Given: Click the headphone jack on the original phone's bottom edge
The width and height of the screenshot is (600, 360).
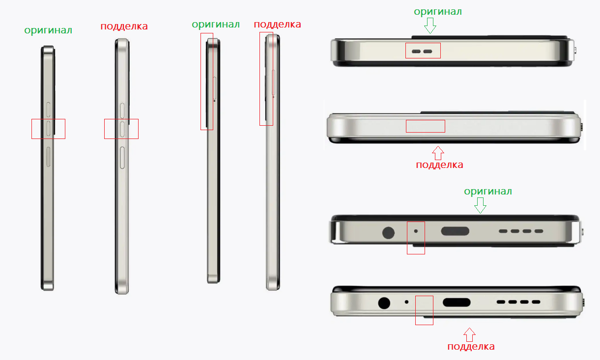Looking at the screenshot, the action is [388, 233].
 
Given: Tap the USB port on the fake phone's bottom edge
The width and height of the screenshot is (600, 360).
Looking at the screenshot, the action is [457, 303].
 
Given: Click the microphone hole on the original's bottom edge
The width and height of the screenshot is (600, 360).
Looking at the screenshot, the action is [416, 231].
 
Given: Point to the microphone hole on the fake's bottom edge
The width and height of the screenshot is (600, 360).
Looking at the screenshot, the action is [406, 302].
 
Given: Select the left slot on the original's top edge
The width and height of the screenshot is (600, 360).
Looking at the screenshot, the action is [416, 52].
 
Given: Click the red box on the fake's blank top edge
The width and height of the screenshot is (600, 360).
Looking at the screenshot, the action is [426, 126].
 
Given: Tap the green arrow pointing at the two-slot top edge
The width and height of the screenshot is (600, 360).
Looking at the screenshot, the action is [430, 26].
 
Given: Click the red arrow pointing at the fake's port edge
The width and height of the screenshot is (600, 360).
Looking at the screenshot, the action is [469, 334].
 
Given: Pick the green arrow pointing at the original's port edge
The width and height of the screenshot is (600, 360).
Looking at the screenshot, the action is [480, 205].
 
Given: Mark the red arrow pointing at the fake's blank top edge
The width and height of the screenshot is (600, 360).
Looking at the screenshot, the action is [438, 153].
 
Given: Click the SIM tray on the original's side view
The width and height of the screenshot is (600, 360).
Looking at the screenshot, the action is [215, 88].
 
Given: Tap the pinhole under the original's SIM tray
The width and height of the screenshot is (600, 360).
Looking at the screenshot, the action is [214, 101].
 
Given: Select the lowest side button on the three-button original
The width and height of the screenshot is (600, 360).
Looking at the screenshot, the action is [48, 157].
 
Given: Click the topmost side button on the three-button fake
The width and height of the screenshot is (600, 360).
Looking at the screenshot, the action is [122, 111].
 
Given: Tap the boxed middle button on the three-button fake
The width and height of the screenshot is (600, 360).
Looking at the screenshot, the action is [122, 129].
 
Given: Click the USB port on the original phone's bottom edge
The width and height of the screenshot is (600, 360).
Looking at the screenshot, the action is [455, 231].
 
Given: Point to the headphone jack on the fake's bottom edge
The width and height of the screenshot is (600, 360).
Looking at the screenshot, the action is [384, 303].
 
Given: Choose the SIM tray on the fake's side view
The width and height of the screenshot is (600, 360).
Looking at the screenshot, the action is [274, 83].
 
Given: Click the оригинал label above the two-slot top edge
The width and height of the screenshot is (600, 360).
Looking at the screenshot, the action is [438, 11].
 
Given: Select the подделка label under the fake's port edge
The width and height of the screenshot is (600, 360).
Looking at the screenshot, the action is [471, 346].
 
